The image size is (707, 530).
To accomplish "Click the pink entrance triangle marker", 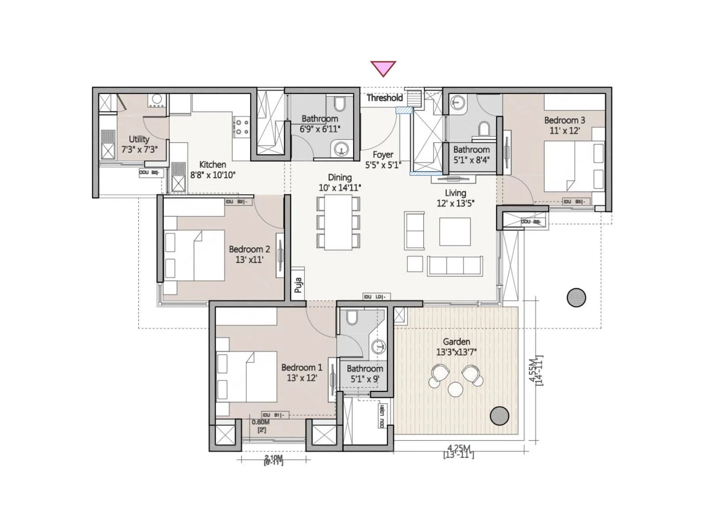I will coord(383,68).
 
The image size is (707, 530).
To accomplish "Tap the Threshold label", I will coord(384,98).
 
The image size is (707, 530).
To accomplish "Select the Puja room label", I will coord(298,285).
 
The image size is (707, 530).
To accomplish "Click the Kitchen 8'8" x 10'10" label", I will coord(213,170).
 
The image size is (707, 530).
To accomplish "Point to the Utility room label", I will coord(139,144).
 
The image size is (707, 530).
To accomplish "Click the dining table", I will coord(338,222).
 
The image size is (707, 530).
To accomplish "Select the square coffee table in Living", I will coord(455,232).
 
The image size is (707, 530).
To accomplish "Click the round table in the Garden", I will coord(455,389).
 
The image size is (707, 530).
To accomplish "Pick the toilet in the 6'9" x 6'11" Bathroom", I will coord(340,104).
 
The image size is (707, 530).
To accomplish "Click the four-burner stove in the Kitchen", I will coord(242,127).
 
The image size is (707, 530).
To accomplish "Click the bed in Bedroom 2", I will coord(194,256).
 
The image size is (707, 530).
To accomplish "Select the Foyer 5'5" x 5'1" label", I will coord(383,159).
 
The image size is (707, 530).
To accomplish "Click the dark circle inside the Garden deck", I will coord(499,416).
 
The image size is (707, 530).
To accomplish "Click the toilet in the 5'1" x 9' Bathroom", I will coord(352,317).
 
